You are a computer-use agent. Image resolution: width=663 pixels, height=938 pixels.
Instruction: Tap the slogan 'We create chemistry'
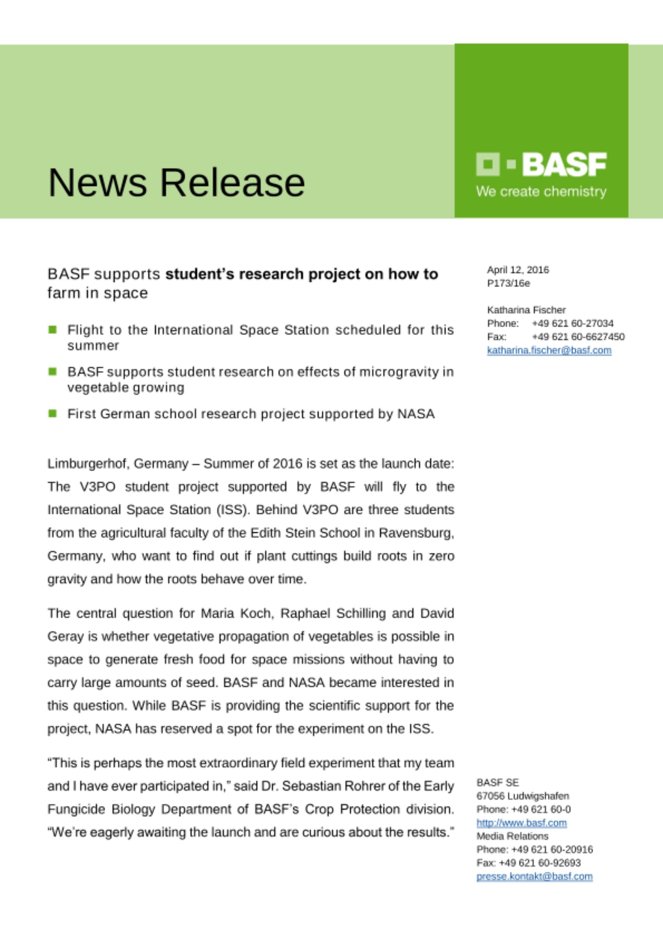click(x=541, y=192)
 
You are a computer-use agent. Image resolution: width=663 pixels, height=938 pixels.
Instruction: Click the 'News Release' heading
click(x=176, y=182)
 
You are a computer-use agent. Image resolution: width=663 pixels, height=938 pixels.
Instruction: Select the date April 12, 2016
click(x=518, y=270)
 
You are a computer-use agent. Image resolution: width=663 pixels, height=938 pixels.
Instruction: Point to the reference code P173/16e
click(x=508, y=283)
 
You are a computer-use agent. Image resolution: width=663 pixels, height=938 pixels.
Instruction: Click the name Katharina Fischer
click(x=526, y=310)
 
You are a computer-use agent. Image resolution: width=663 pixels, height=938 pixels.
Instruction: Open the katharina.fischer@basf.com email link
click(x=549, y=350)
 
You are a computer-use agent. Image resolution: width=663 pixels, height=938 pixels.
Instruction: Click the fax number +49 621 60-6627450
click(x=578, y=337)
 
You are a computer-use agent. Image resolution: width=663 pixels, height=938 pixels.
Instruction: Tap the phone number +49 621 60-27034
click(x=573, y=324)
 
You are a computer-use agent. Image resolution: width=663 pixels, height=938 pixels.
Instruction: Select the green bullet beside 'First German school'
click(x=53, y=413)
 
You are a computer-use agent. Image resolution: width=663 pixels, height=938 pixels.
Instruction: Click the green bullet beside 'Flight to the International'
click(x=53, y=330)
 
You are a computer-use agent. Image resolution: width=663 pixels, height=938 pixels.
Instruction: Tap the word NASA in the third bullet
click(x=416, y=414)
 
